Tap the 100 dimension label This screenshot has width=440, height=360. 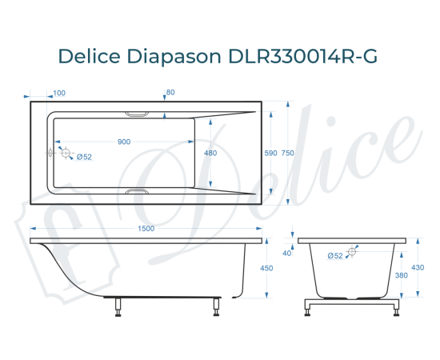tap(60, 93)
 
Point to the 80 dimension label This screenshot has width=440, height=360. tap(170, 93)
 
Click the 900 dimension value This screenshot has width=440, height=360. tap(124, 142)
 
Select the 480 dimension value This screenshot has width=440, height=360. tap(210, 153)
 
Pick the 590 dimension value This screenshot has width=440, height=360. tap(270, 153)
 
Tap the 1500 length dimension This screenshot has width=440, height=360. tap(146, 230)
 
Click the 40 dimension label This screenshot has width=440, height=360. tap(286, 254)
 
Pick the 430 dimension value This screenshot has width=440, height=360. tap(417, 267)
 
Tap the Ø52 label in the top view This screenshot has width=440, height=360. tap(85, 158)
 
